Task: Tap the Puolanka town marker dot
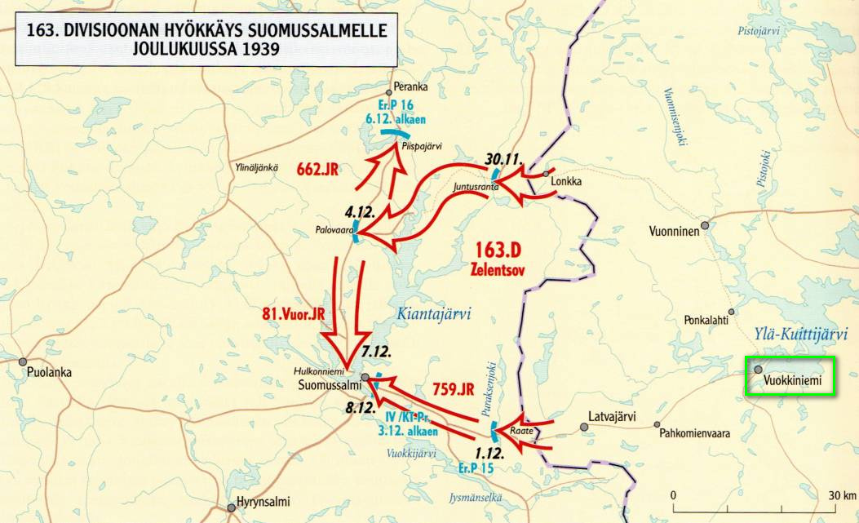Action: [x=24, y=361]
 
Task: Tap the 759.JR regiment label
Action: [x=453, y=389]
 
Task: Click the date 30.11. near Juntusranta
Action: [x=503, y=158]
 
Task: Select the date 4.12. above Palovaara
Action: [x=360, y=211]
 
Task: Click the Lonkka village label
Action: [x=566, y=182]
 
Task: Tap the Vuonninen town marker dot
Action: [x=705, y=224]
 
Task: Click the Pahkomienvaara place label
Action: [x=696, y=433]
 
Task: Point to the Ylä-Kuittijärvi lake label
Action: [x=797, y=333]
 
